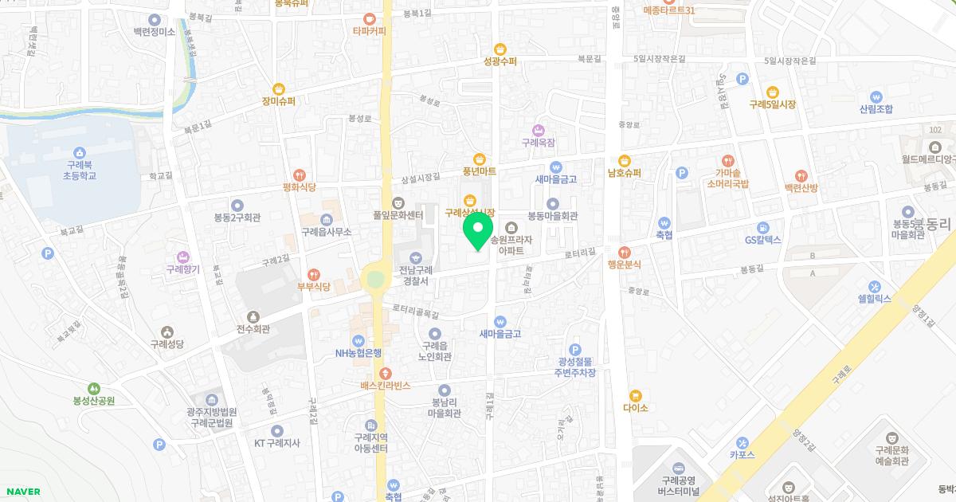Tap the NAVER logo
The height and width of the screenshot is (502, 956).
(x=23, y=492)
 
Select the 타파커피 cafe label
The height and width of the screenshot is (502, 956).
(x=369, y=31)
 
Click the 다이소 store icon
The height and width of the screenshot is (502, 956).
(x=635, y=395)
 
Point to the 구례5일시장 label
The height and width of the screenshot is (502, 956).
(x=772, y=104)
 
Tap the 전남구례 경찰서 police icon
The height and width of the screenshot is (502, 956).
(x=415, y=257)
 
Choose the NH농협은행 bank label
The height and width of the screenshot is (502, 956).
(x=358, y=353)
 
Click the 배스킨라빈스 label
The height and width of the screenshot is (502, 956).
(x=385, y=385)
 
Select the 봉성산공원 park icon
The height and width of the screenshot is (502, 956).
(x=94, y=388)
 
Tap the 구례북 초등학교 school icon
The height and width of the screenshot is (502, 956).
(x=79, y=153)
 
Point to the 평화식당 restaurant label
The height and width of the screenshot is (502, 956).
(x=299, y=187)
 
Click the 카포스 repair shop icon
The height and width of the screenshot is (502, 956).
(x=742, y=442)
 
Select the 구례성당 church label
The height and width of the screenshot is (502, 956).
(x=167, y=344)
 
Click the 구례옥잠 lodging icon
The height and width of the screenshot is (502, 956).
(x=538, y=130)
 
